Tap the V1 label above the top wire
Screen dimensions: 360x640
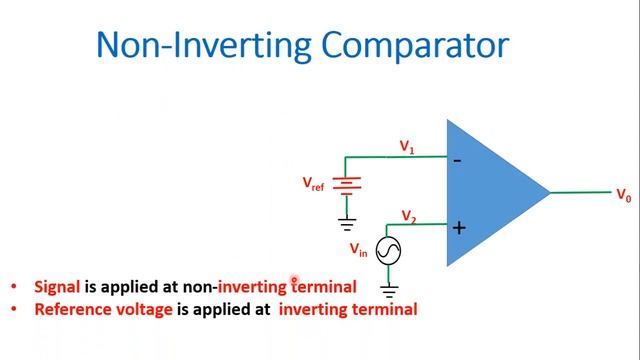(407, 147)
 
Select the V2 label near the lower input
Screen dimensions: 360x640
(408, 216)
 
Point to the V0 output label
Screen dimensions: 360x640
(623, 195)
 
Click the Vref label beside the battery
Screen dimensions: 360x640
(314, 184)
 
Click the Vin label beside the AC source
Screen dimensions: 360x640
(358, 250)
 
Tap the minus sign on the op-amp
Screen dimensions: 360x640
(457, 159)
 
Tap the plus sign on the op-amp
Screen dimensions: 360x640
(458, 228)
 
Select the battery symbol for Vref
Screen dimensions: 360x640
(346, 184)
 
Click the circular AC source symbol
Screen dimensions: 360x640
(387, 251)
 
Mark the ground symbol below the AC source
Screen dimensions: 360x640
(387, 292)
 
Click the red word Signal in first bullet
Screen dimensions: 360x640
(57, 287)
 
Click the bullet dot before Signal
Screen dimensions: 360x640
(13, 287)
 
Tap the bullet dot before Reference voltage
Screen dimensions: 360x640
(13, 309)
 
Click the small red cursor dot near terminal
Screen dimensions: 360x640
(294, 282)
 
